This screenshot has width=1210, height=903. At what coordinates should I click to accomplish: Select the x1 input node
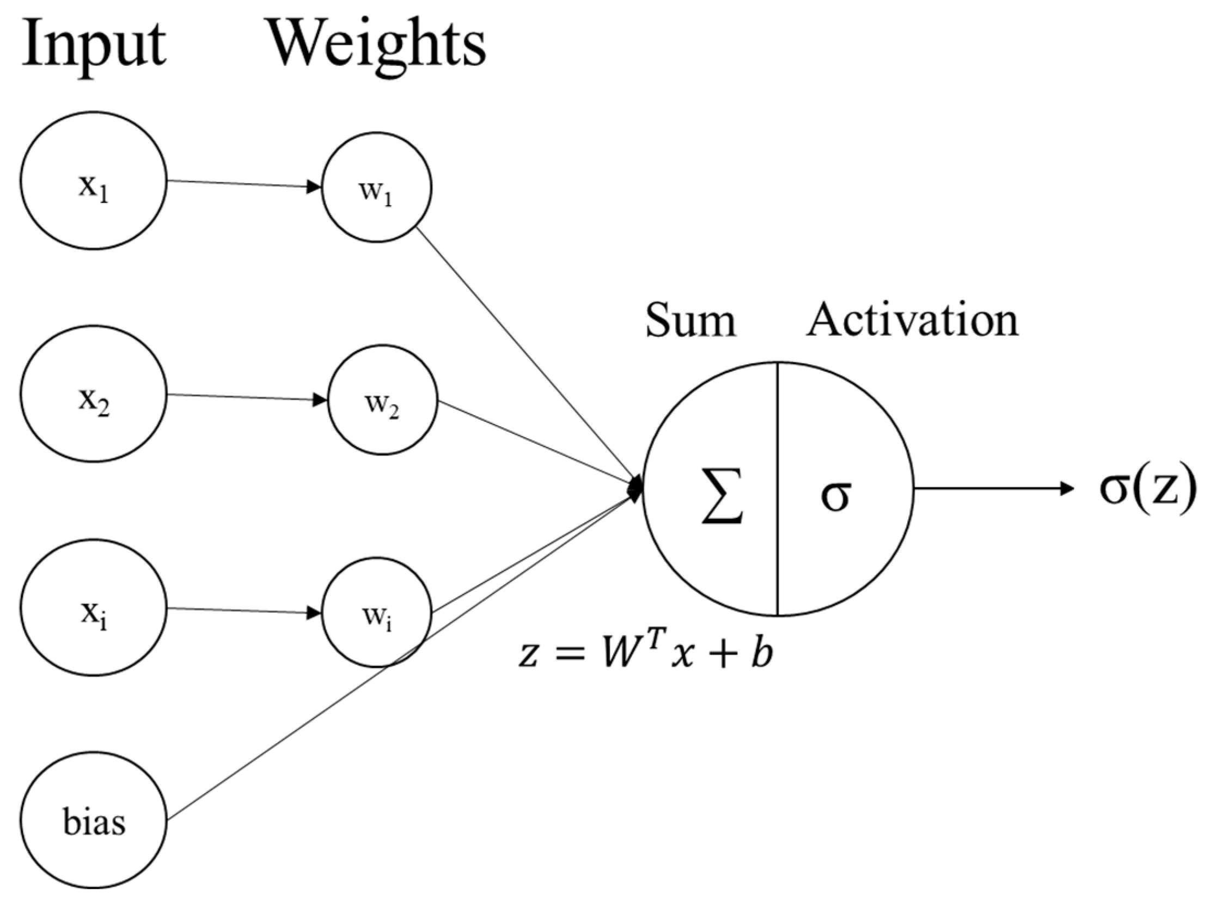point(94,181)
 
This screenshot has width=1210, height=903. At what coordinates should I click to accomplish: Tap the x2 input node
point(94,394)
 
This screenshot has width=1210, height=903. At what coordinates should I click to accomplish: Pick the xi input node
point(94,607)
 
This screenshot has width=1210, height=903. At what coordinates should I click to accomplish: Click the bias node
point(94,820)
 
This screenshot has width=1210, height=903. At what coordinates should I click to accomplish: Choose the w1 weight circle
point(376,187)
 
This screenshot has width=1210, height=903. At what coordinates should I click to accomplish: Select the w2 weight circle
point(382,400)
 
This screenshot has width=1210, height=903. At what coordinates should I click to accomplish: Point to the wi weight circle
point(376,612)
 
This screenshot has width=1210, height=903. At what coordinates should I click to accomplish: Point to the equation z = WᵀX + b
point(646,653)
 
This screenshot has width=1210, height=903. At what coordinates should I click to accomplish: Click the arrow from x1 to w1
point(243,184)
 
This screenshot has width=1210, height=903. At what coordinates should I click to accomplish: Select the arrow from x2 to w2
point(246,397)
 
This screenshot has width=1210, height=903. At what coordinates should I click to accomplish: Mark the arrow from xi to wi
point(243,610)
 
